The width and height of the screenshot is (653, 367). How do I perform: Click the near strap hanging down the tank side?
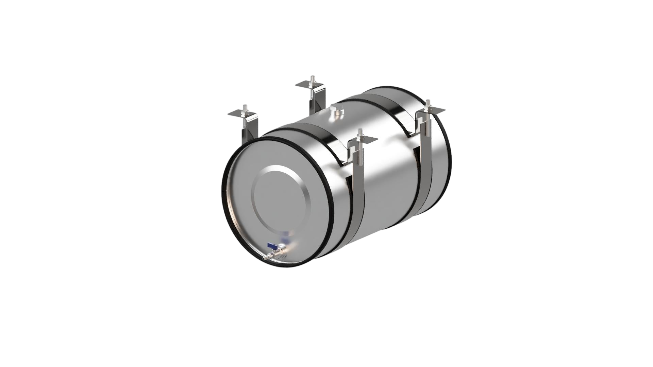[x=358, y=190]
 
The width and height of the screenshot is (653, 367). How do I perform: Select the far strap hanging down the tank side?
[x=425, y=160]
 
